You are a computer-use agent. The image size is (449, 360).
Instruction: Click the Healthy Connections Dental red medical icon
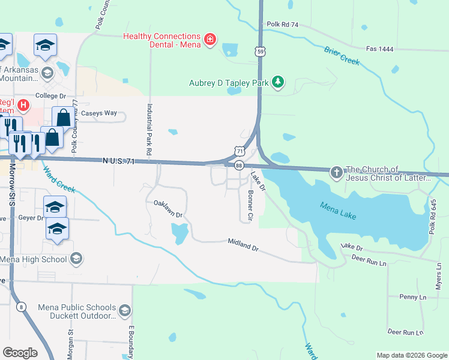click(x=209, y=40)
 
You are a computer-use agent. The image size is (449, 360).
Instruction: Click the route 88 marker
click(x=239, y=165)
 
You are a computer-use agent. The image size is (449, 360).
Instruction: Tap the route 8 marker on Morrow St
click(x=22, y=307)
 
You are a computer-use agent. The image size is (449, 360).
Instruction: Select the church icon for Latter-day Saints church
click(x=337, y=173)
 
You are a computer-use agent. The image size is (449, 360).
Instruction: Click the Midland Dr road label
click(x=243, y=244)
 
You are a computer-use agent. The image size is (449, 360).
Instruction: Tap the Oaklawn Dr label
click(x=167, y=208)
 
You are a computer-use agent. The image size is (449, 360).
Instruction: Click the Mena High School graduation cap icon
click(x=76, y=259)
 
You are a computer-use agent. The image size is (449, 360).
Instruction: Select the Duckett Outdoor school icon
click(x=124, y=311)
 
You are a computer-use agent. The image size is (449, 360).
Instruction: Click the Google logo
click(x=20, y=353)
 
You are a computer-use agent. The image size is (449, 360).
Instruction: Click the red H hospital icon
click(x=23, y=106)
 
